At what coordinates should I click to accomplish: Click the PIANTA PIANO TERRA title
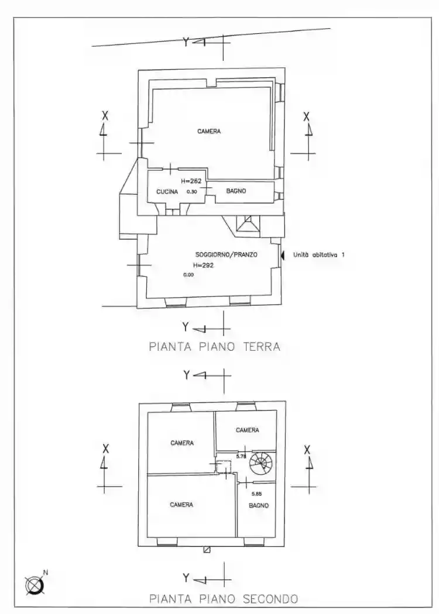[x=214, y=347]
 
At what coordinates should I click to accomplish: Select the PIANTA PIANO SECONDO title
[x=223, y=599]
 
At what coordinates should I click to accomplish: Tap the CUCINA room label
[x=167, y=191]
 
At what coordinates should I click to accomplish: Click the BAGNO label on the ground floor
[x=236, y=191]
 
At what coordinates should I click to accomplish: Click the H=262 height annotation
[x=191, y=181]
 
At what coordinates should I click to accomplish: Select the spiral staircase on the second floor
[x=260, y=464]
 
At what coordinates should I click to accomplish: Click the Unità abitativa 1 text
[x=319, y=255]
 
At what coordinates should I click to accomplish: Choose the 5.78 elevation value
[x=241, y=456]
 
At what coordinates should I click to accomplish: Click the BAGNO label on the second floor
[x=258, y=505]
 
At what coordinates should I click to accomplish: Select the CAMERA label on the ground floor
[x=209, y=132]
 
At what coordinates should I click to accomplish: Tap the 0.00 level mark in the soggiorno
[x=188, y=274]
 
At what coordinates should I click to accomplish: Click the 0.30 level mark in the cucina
[x=191, y=191]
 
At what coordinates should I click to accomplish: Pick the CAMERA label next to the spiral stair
[x=247, y=430]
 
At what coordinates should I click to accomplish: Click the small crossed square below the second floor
[x=206, y=550]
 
